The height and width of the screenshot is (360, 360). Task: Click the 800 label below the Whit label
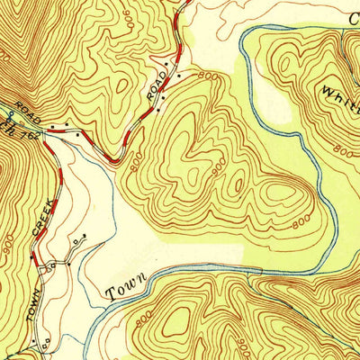[342, 149]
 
